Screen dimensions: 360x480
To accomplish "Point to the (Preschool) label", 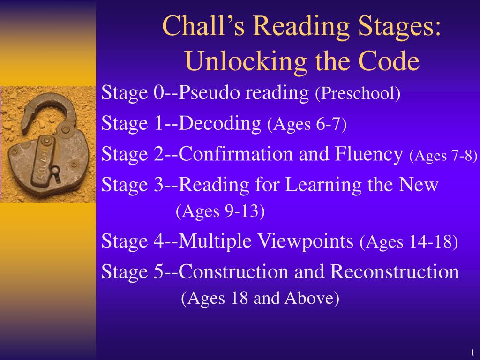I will tap(358, 94).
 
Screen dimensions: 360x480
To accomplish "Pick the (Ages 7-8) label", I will tap(443, 155).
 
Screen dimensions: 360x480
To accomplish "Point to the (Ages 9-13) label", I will tap(220, 211).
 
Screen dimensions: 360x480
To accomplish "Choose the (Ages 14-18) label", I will tap(409, 242).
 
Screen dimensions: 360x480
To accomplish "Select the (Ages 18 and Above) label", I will tap(260, 298).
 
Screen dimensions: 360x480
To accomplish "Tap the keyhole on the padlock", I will tap(56, 170).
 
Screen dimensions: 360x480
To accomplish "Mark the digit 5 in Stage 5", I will tap(158, 272).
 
